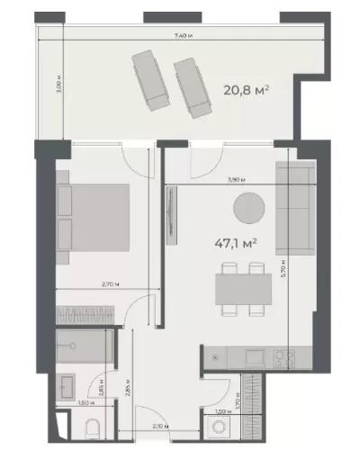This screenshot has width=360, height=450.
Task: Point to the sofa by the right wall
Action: tap(294, 208)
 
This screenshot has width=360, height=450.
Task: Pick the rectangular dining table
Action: tap(244, 288)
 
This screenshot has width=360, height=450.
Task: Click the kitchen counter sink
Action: tap(220, 358)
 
